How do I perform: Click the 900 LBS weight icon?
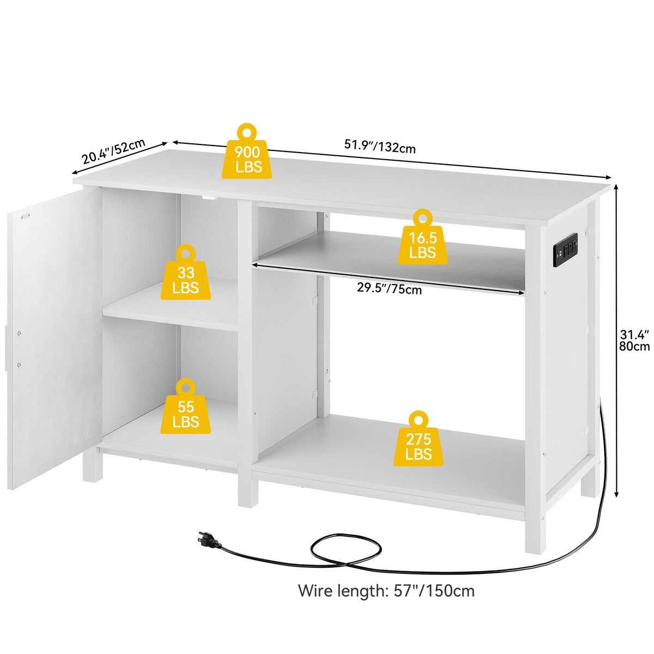pyautogui.click(x=249, y=153)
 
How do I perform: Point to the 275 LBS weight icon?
pyautogui.click(x=418, y=440)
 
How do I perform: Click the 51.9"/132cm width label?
pyautogui.click(x=380, y=146)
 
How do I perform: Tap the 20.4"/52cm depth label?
pyautogui.click(x=113, y=152)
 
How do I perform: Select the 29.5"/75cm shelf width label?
pyautogui.click(x=389, y=289)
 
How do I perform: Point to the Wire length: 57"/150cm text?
pyautogui.click(x=386, y=591)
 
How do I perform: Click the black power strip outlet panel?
pyautogui.click(x=565, y=249)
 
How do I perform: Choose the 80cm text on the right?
pyautogui.click(x=635, y=346)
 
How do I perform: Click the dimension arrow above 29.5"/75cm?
pyautogui.click(x=389, y=278)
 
